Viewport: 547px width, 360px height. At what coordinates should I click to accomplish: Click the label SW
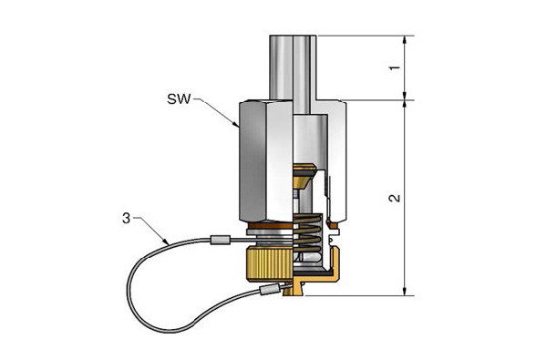click(x=179, y=99)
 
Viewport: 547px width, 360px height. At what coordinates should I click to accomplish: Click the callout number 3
click(x=126, y=219)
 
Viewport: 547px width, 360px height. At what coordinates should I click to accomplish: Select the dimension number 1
click(x=395, y=67)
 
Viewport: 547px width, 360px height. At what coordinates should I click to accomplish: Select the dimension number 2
click(x=395, y=198)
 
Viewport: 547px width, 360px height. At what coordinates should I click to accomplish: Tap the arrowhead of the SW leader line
click(x=236, y=124)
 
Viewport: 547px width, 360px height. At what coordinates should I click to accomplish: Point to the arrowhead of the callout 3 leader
click(x=166, y=242)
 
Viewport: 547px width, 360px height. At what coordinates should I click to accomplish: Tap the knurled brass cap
click(x=270, y=263)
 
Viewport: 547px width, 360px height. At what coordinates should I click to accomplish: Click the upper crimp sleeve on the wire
click(x=220, y=240)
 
